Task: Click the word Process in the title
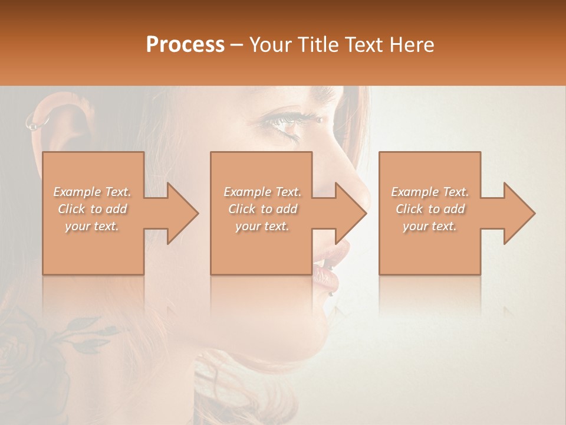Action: (185, 45)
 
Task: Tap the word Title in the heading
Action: (318, 45)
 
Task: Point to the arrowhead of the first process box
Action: (183, 213)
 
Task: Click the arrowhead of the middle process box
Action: (351, 213)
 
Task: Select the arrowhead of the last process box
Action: (519, 213)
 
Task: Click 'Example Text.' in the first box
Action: (93, 192)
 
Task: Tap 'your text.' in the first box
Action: (93, 226)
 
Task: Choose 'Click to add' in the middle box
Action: (262, 209)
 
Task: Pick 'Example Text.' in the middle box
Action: (262, 192)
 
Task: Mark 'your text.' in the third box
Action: (430, 226)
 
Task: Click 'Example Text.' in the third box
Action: (430, 192)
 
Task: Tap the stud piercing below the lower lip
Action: (332, 293)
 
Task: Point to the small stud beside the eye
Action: (320, 120)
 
